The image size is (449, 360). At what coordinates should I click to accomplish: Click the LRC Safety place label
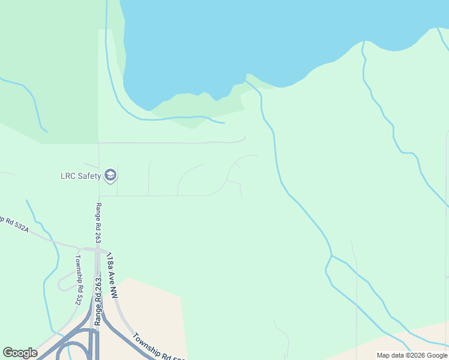click(x=80, y=176)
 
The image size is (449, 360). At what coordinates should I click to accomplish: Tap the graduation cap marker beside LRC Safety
click(x=110, y=175)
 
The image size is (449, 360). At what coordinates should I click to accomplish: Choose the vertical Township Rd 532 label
click(x=77, y=280)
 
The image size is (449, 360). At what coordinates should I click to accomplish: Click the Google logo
click(x=20, y=353)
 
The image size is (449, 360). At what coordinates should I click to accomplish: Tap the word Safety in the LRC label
click(x=89, y=176)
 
